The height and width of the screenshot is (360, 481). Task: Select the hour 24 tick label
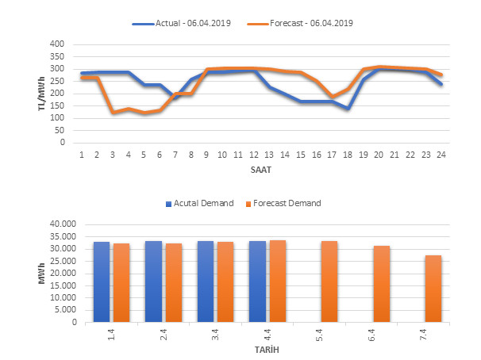pyautogui.click(x=441, y=154)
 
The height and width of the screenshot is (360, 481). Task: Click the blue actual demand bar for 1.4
pyautogui.click(x=102, y=281)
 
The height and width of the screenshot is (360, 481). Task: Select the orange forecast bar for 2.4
pyautogui.click(x=174, y=282)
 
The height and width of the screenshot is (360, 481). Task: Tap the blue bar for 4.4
pyautogui.click(x=257, y=281)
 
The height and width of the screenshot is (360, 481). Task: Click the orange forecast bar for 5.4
pyautogui.click(x=329, y=281)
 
